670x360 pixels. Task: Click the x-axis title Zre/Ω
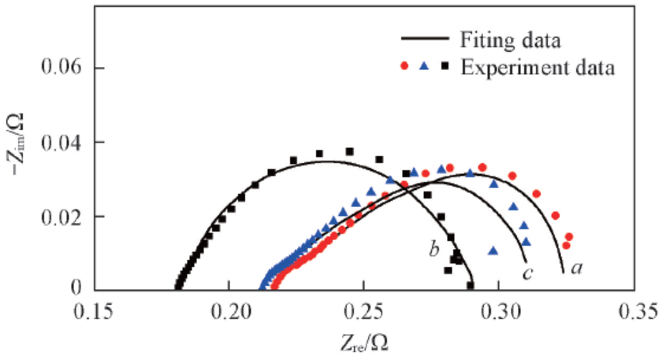click(366, 343)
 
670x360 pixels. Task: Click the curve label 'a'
click(576, 269)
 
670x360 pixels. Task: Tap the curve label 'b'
click(434, 251)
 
